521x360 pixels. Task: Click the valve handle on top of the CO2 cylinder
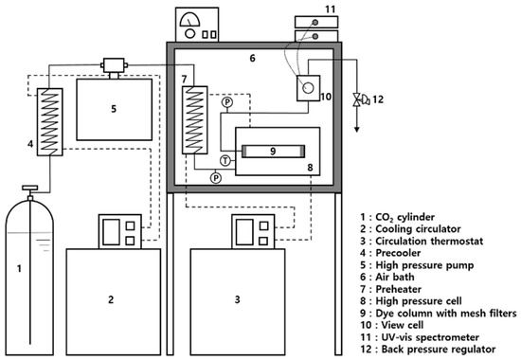(30, 188)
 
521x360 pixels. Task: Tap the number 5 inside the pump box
(114, 109)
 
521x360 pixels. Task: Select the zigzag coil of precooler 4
(49, 121)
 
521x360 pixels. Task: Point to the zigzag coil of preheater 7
(195, 120)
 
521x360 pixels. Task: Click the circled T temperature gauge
(225, 161)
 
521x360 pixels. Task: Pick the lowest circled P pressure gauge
(216, 178)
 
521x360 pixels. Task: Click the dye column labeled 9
(273, 152)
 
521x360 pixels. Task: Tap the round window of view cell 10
(308, 88)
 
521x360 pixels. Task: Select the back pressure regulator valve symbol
(357, 99)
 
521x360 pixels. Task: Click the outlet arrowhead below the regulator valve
(357, 129)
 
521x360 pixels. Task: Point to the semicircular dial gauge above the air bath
(189, 20)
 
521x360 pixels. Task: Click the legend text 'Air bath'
(395, 277)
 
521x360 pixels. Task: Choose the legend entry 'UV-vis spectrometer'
(420, 337)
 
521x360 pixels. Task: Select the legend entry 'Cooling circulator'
(411, 228)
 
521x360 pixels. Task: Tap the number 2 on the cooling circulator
(111, 299)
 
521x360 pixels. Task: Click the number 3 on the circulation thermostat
(237, 299)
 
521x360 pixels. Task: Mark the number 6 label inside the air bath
(253, 58)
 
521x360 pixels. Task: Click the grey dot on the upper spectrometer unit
(315, 23)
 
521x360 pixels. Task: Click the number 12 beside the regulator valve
(378, 99)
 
